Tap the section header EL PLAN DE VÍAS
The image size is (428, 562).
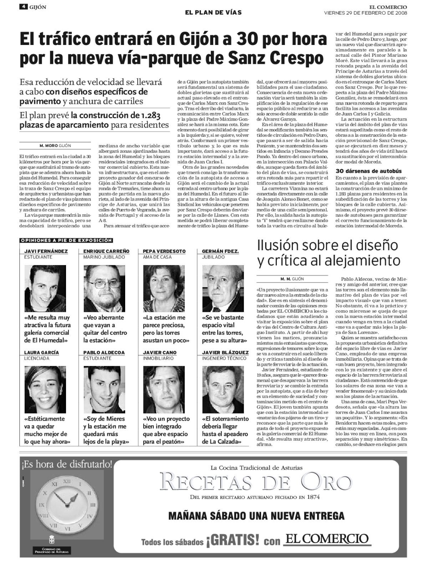(213, 12)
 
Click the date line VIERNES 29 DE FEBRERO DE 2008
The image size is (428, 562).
(365, 13)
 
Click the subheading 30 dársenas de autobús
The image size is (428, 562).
(364, 171)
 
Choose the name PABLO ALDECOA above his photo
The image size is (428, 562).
(100, 353)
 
